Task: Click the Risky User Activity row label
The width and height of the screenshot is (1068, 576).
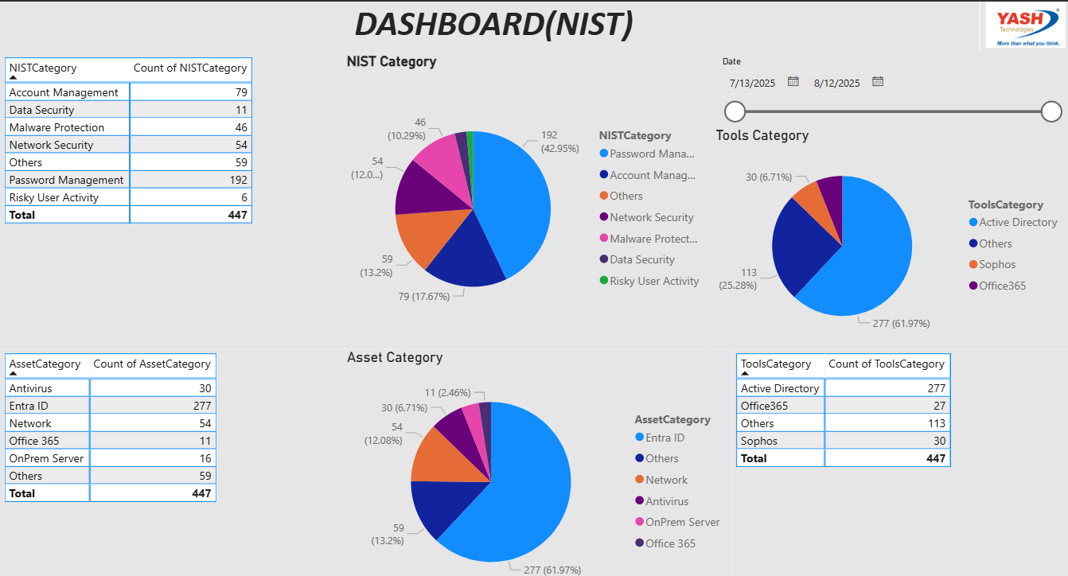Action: point(54,197)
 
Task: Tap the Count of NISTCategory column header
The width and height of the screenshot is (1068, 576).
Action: point(190,68)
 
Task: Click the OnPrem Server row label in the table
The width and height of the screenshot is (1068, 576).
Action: point(46,458)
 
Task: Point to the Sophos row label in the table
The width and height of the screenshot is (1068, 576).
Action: point(759,441)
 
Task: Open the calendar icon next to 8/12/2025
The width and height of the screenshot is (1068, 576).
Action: point(878,81)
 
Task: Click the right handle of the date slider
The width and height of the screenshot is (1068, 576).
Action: point(1051,111)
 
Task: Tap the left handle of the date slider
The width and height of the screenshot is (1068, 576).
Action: point(735,111)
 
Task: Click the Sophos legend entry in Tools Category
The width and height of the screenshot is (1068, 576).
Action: point(997,264)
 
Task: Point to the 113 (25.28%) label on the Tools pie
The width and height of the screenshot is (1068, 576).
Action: point(738,278)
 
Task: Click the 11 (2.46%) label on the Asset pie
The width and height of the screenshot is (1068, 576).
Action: point(447,392)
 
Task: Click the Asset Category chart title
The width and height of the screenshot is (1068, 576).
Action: point(395,358)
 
